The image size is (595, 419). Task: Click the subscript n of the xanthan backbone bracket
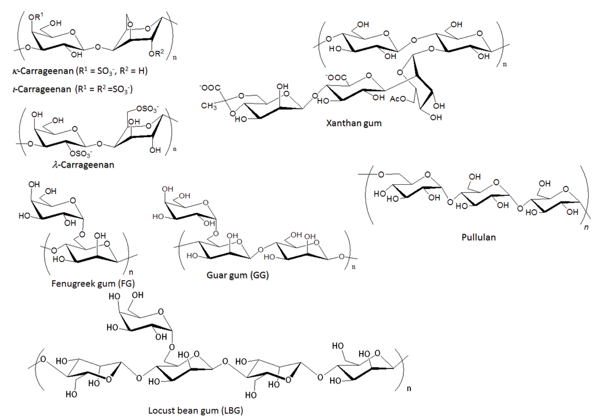tap(504, 62)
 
